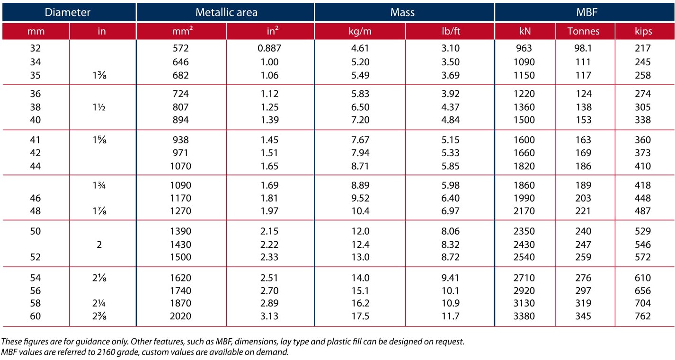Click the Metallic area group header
pos(226,12)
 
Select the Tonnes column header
pos(583,31)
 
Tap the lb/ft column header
pos(451,31)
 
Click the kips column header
pos(643,31)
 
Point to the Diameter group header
pos(68,12)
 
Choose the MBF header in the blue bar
pos(586,12)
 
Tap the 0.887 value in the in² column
pos(269,48)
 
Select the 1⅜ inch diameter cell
pos(99,75)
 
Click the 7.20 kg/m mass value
pos(360,120)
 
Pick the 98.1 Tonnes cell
pos(583,48)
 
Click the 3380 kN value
pos(524,316)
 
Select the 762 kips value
pos(643,316)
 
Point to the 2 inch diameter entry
pos(99,244)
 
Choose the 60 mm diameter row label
pos(35,316)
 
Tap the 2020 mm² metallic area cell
pos(180,316)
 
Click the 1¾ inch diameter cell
pos(99,185)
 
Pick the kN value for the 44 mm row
pos(524,166)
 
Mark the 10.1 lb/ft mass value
pos(450,291)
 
